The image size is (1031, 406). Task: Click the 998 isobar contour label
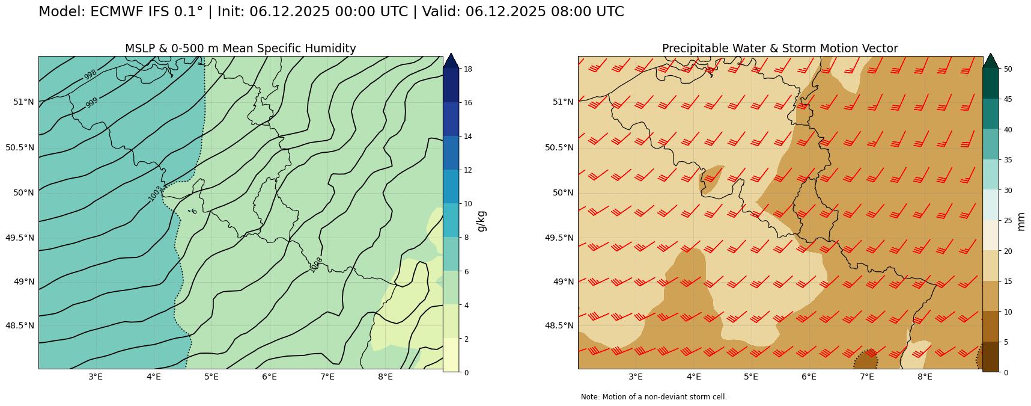90,75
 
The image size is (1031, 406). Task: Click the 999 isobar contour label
91,103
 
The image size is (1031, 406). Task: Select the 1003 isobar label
155,193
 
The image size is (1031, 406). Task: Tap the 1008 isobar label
317,265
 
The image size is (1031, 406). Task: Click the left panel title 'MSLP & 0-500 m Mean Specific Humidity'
240,49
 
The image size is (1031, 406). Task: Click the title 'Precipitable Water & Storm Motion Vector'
780,49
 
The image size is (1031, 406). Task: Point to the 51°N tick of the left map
23,102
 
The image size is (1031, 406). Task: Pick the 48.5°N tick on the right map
559,325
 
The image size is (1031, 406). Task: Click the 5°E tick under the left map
211,377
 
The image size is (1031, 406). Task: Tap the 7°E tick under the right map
866,377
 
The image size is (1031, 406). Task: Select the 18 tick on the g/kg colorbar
467,69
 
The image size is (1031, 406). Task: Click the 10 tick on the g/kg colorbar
467,204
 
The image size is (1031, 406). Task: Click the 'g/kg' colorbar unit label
481,221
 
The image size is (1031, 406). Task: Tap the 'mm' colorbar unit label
1021,221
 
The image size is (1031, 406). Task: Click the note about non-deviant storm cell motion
654,397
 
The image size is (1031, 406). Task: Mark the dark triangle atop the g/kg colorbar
451,60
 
